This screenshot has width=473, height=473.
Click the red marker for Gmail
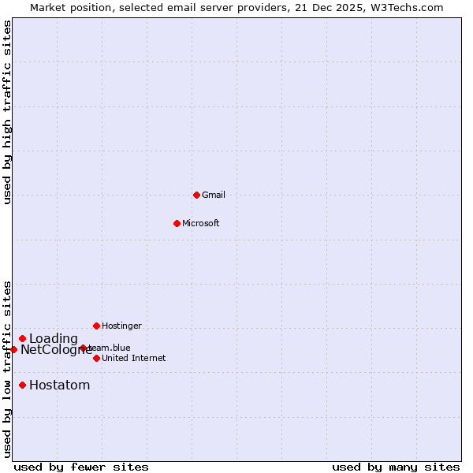pos(196,195)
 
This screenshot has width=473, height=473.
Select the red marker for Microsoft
pos(177,223)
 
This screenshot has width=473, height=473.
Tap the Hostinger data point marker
pos(96,326)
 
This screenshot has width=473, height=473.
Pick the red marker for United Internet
pos(96,358)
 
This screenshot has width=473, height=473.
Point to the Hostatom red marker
pos(22,385)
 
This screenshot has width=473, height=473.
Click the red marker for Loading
pos(22,338)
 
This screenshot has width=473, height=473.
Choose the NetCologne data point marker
pos(13,349)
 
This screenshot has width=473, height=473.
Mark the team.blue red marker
pos(83,348)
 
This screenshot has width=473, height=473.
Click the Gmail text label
pos(214,195)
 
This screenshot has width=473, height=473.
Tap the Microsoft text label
pos(201,223)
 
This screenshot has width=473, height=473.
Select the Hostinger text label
pos(121,326)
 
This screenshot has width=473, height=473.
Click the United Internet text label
pos(134,358)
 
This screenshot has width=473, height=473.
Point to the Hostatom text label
pos(59,385)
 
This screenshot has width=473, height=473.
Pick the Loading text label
pos(54,339)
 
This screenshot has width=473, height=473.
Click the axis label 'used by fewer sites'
pos(81,467)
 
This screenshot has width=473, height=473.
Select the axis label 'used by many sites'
pos(396,467)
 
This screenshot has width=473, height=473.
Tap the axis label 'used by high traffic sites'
pos(7,112)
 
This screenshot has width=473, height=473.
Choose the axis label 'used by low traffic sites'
pos(7,368)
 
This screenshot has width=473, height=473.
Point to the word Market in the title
pos(49,7)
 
